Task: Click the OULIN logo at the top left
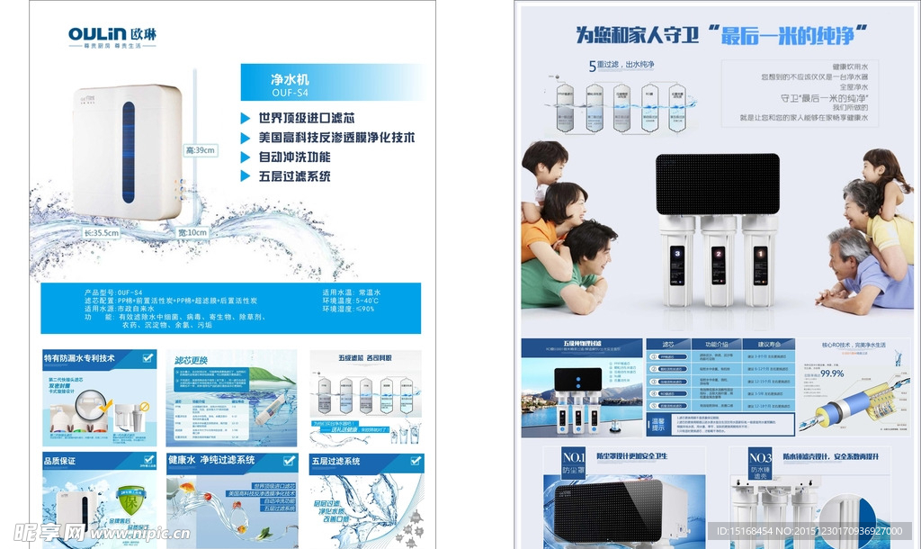112,35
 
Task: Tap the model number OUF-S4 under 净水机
290,93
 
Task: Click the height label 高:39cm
199,150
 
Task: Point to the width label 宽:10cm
191,232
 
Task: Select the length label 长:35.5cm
101,232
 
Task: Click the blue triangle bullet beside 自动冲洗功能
246,157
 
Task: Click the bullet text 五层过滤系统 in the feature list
294,176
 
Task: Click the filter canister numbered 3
676,256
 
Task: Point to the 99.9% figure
832,373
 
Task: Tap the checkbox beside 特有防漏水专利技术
148,358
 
